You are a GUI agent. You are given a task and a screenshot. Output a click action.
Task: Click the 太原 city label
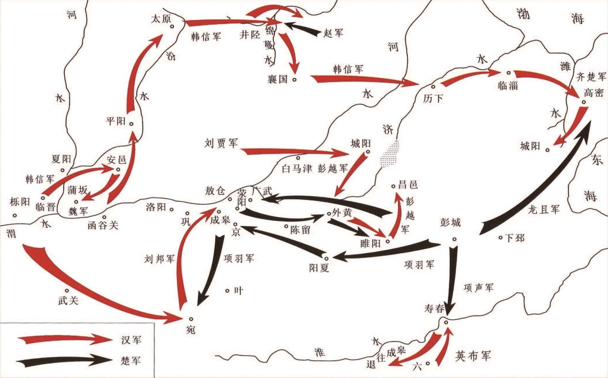[x=161, y=19]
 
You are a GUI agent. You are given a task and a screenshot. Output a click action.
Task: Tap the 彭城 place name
[x=450, y=223]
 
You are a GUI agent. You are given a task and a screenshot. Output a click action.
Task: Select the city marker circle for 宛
[x=191, y=318]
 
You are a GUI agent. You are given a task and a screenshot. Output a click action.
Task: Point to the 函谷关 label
[x=103, y=225]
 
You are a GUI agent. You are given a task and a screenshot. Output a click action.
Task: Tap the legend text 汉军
[x=131, y=340]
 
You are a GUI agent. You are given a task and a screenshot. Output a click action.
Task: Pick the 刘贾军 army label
[x=221, y=143]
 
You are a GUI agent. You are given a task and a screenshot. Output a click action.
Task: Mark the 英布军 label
[x=473, y=356]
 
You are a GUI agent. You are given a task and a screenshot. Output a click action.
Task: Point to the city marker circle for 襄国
[x=294, y=79]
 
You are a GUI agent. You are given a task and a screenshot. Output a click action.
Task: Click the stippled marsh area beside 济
[x=389, y=154]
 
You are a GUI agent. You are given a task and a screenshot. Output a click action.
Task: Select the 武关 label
[x=68, y=301]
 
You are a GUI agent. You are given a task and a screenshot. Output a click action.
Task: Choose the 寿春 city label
[x=434, y=309]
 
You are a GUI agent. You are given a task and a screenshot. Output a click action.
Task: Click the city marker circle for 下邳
[x=500, y=238]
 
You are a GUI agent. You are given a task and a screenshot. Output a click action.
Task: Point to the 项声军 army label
[x=479, y=288]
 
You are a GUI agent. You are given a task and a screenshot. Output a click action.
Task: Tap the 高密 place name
[x=593, y=93]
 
